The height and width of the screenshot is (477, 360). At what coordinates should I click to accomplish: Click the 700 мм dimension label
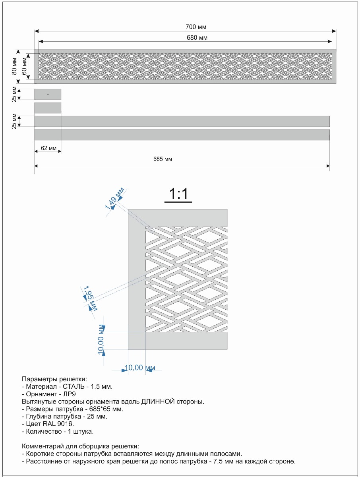[196, 27]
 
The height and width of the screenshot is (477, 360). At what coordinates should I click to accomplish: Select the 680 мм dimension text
[197, 38]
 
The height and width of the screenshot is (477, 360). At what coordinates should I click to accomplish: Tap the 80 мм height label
[15, 67]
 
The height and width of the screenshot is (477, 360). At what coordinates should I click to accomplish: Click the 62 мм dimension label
[49, 148]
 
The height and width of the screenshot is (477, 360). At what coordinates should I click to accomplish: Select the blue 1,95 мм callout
[89, 298]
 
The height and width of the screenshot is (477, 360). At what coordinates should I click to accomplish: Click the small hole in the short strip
[48, 94]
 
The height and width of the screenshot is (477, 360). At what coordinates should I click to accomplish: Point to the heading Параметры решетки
[54, 378]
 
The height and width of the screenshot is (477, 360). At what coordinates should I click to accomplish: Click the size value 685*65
[99, 409]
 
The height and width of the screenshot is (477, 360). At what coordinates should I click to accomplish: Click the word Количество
[44, 431]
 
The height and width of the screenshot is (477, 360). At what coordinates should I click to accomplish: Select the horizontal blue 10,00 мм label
[140, 368]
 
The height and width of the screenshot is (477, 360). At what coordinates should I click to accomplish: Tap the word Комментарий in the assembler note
[42, 446]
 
